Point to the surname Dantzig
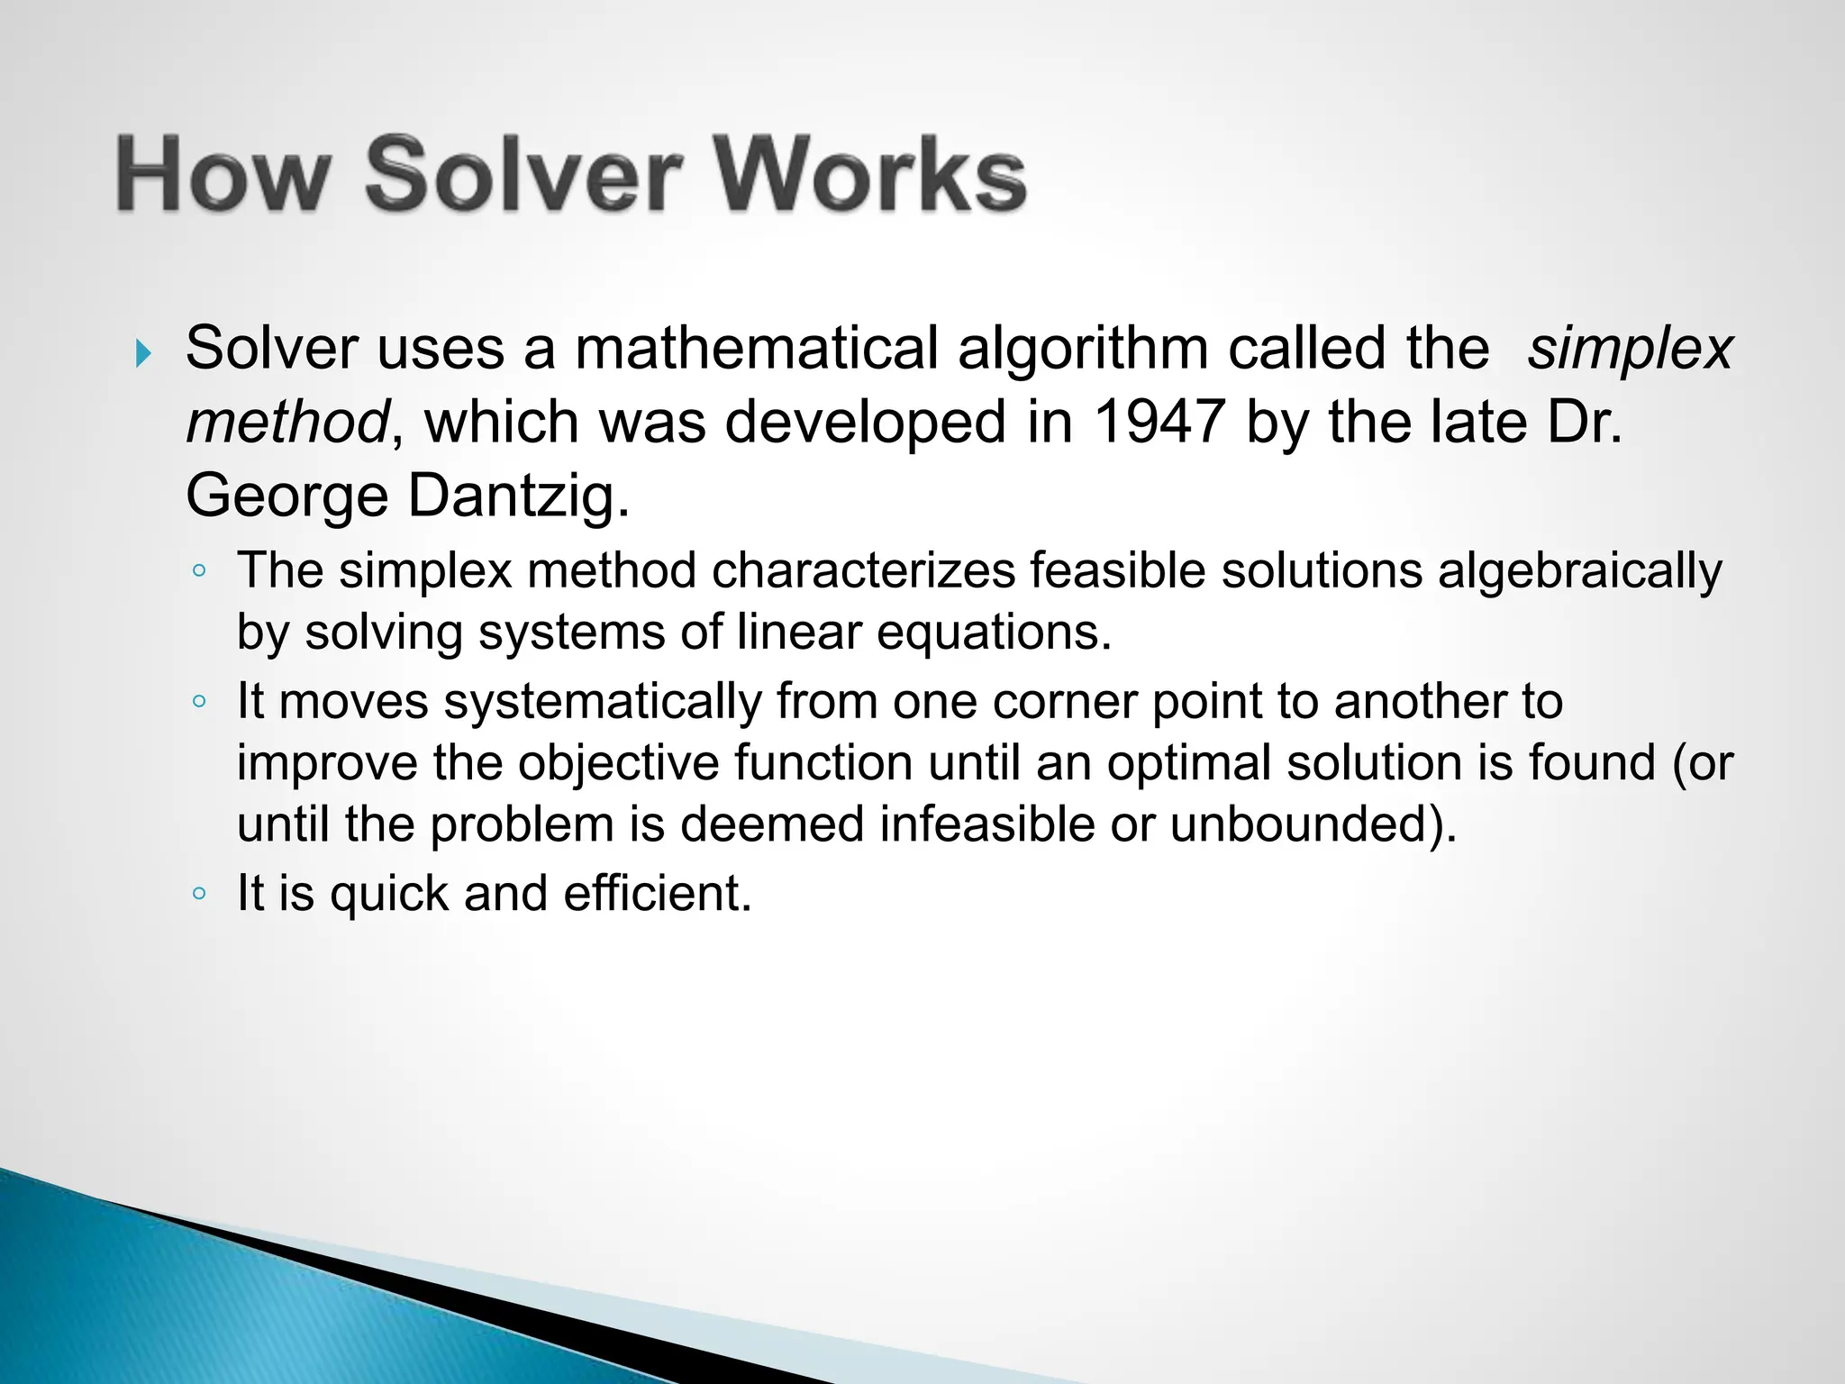(519, 496)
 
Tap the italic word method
(287, 422)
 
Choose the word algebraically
(1579, 571)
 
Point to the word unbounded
(1311, 824)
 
